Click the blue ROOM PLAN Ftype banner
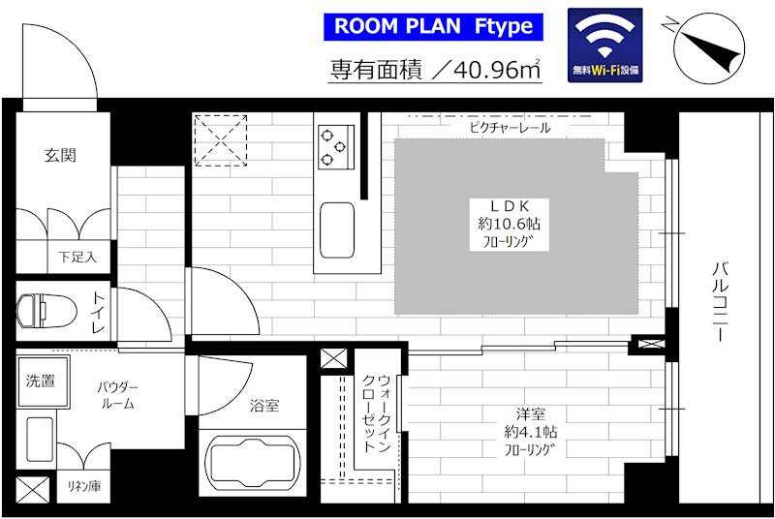point(433,27)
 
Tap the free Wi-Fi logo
point(604,45)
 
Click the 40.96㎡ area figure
point(496,70)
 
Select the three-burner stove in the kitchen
point(336,146)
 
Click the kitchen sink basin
point(337,230)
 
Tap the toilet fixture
point(46,311)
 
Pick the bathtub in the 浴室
point(253,462)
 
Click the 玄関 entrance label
point(60,156)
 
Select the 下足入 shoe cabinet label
point(77,257)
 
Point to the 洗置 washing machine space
point(42,382)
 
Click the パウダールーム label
point(117,395)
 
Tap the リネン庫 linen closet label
point(84,486)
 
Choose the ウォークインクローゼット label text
point(377,413)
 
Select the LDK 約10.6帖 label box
point(510,225)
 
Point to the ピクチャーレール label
point(510,128)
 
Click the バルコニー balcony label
point(720,302)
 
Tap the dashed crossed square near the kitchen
point(221,140)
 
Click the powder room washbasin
point(40,439)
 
